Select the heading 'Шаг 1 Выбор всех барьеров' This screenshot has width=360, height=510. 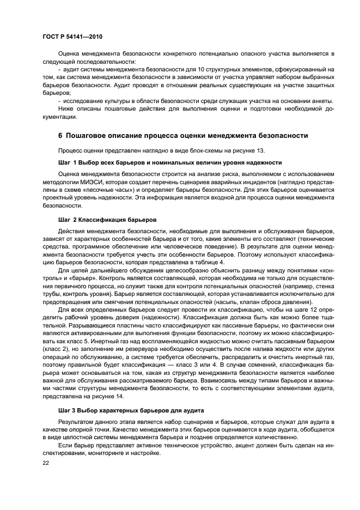click(169, 162)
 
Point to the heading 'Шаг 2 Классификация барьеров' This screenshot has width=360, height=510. click(107, 220)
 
